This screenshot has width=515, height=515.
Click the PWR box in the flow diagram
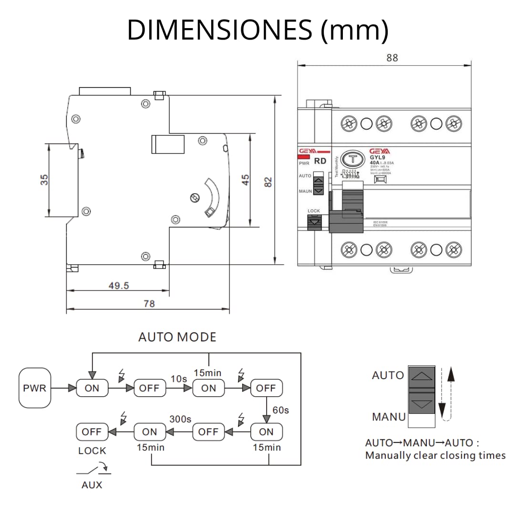click(x=35, y=388)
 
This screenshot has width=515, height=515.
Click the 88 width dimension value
click(x=391, y=58)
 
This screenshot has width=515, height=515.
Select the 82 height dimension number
click(x=268, y=181)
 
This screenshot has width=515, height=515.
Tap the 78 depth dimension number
click(x=149, y=304)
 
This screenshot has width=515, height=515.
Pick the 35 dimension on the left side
click(x=44, y=180)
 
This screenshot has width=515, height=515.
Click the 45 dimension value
click(x=245, y=180)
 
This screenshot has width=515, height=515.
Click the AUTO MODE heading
click(x=177, y=337)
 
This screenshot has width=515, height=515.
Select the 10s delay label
click(x=179, y=378)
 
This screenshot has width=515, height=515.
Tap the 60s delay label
click(x=280, y=410)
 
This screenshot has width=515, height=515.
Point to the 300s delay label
click(x=180, y=419)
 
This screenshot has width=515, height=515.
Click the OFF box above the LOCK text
click(x=92, y=432)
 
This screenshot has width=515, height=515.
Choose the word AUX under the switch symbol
click(x=92, y=485)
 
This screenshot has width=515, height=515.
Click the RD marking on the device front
click(x=320, y=161)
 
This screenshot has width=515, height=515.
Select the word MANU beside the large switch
click(x=389, y=417)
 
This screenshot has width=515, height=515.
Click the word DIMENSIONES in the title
click(x=219, y=31)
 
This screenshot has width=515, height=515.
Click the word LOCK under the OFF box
click(x=92, y=451)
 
